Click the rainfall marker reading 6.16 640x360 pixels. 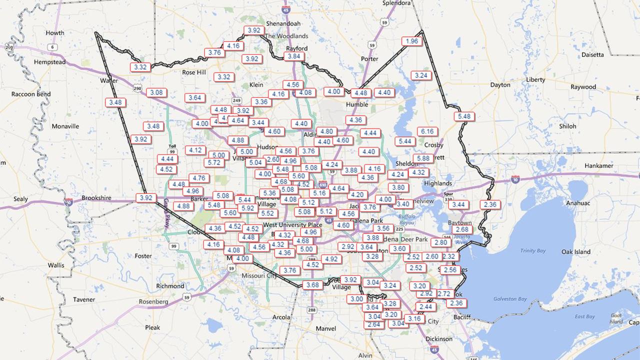pyautogui.click(x=427, y=131)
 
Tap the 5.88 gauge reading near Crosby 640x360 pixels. pyautogui.click(x=423, y=158)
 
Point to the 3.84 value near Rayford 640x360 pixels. pyautogui.click(x=294, y=56)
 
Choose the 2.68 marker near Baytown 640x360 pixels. pyautogui.click(x=461, y=229)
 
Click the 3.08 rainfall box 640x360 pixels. pyautogui.click(x=157, y=92)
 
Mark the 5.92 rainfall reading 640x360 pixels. pyautogui.click(x=247, y=208)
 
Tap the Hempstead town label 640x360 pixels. pyautogui.click(x=49, y=62)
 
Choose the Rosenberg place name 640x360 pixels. pyautogui.click(x=153, y=301)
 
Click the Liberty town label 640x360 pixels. pyautogui.click(x=535, y=80)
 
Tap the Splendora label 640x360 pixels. pyautogui.click(x=396, y=3)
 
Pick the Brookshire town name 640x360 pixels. pyautogui.click(x=96, y=198)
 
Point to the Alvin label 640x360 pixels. pyautogui.click(x=365, y=355)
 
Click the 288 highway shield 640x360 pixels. pyautogui.click(x=312, y=310)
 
